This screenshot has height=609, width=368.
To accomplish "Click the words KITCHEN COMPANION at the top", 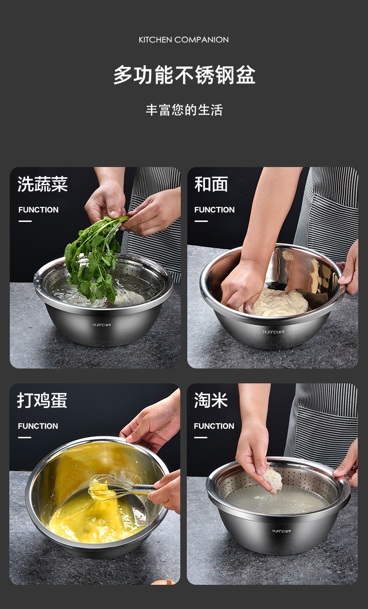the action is [x=184, y=40].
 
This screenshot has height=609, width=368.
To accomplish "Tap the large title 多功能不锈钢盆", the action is [x=184, y=75].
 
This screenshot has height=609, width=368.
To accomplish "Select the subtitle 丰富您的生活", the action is [x=184, y=110].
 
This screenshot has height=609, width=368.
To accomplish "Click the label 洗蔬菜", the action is [x=42, y=184].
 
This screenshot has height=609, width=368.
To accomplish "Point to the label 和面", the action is [x=211, y=184].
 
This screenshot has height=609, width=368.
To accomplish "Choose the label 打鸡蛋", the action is [x=42, y=400].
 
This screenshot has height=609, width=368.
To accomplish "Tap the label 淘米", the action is [x=211, y=400].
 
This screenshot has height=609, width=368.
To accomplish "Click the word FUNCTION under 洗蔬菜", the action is [x=38, y=210].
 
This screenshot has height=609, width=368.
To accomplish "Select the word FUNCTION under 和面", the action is [x=214, y=210].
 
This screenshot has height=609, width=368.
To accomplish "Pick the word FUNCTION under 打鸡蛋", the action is [x=38, y=426].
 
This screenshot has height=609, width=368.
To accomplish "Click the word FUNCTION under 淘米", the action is [x=214, y=426].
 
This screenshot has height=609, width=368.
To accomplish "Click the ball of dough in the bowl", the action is [x=276, y=302].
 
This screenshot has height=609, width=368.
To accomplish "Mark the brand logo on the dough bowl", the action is [x=274, y=332].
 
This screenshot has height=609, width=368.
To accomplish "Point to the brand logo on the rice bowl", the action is [x=281, y=531].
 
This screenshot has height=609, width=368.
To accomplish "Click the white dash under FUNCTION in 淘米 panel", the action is [x=201, y=437].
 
